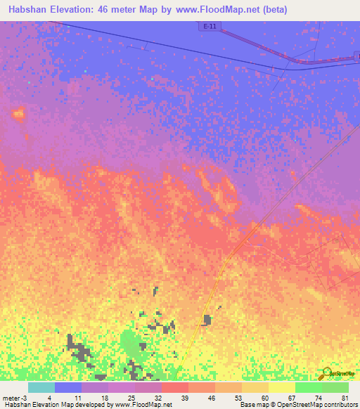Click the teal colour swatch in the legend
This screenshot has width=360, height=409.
tap(41, 387)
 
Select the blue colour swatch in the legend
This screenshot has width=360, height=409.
tap(68, 387)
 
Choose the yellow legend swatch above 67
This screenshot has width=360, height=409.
tap(282, 387)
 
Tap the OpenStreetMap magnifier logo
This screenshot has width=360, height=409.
tap(326, 372)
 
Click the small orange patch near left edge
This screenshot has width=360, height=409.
tap(17, 112)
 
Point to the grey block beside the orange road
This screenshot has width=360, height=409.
tap(207, 320)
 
